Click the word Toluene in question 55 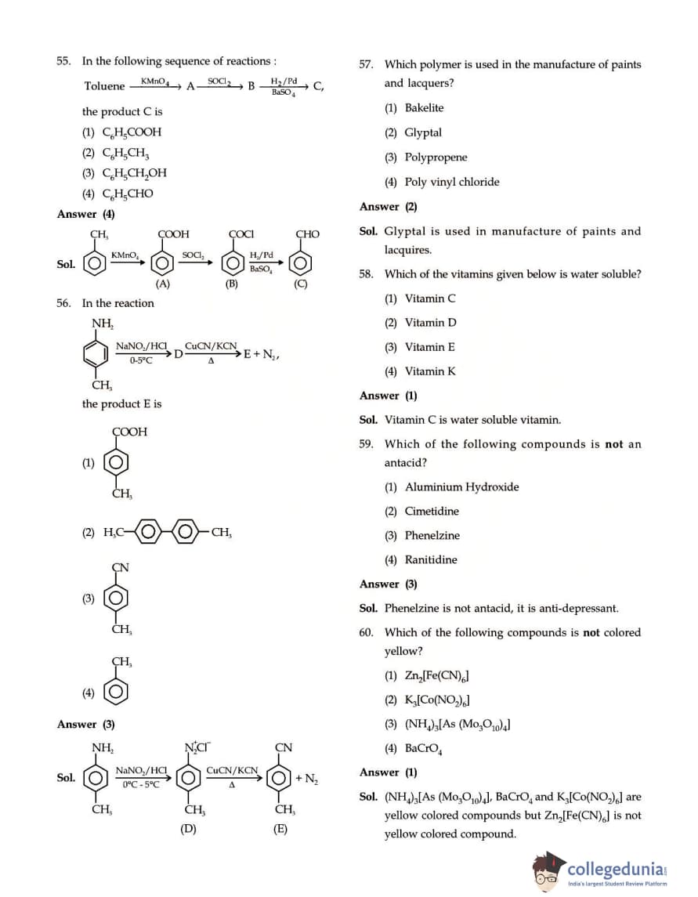(104, 86)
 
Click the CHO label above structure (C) (307, 233)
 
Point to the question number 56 (63, 303)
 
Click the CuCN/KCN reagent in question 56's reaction (211, 345)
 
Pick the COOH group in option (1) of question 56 (129, 432)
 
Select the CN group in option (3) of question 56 (121, 567)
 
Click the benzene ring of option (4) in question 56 (118, 692)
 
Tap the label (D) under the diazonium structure (188, 828)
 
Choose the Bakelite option (424, 108)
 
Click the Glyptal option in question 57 (423, 132)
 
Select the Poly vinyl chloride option (451, 182)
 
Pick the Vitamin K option (429, 371)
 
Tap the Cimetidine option (432, 512)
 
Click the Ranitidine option (431, 559)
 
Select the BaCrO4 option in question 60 (424, 748)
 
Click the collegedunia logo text (615, 869)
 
